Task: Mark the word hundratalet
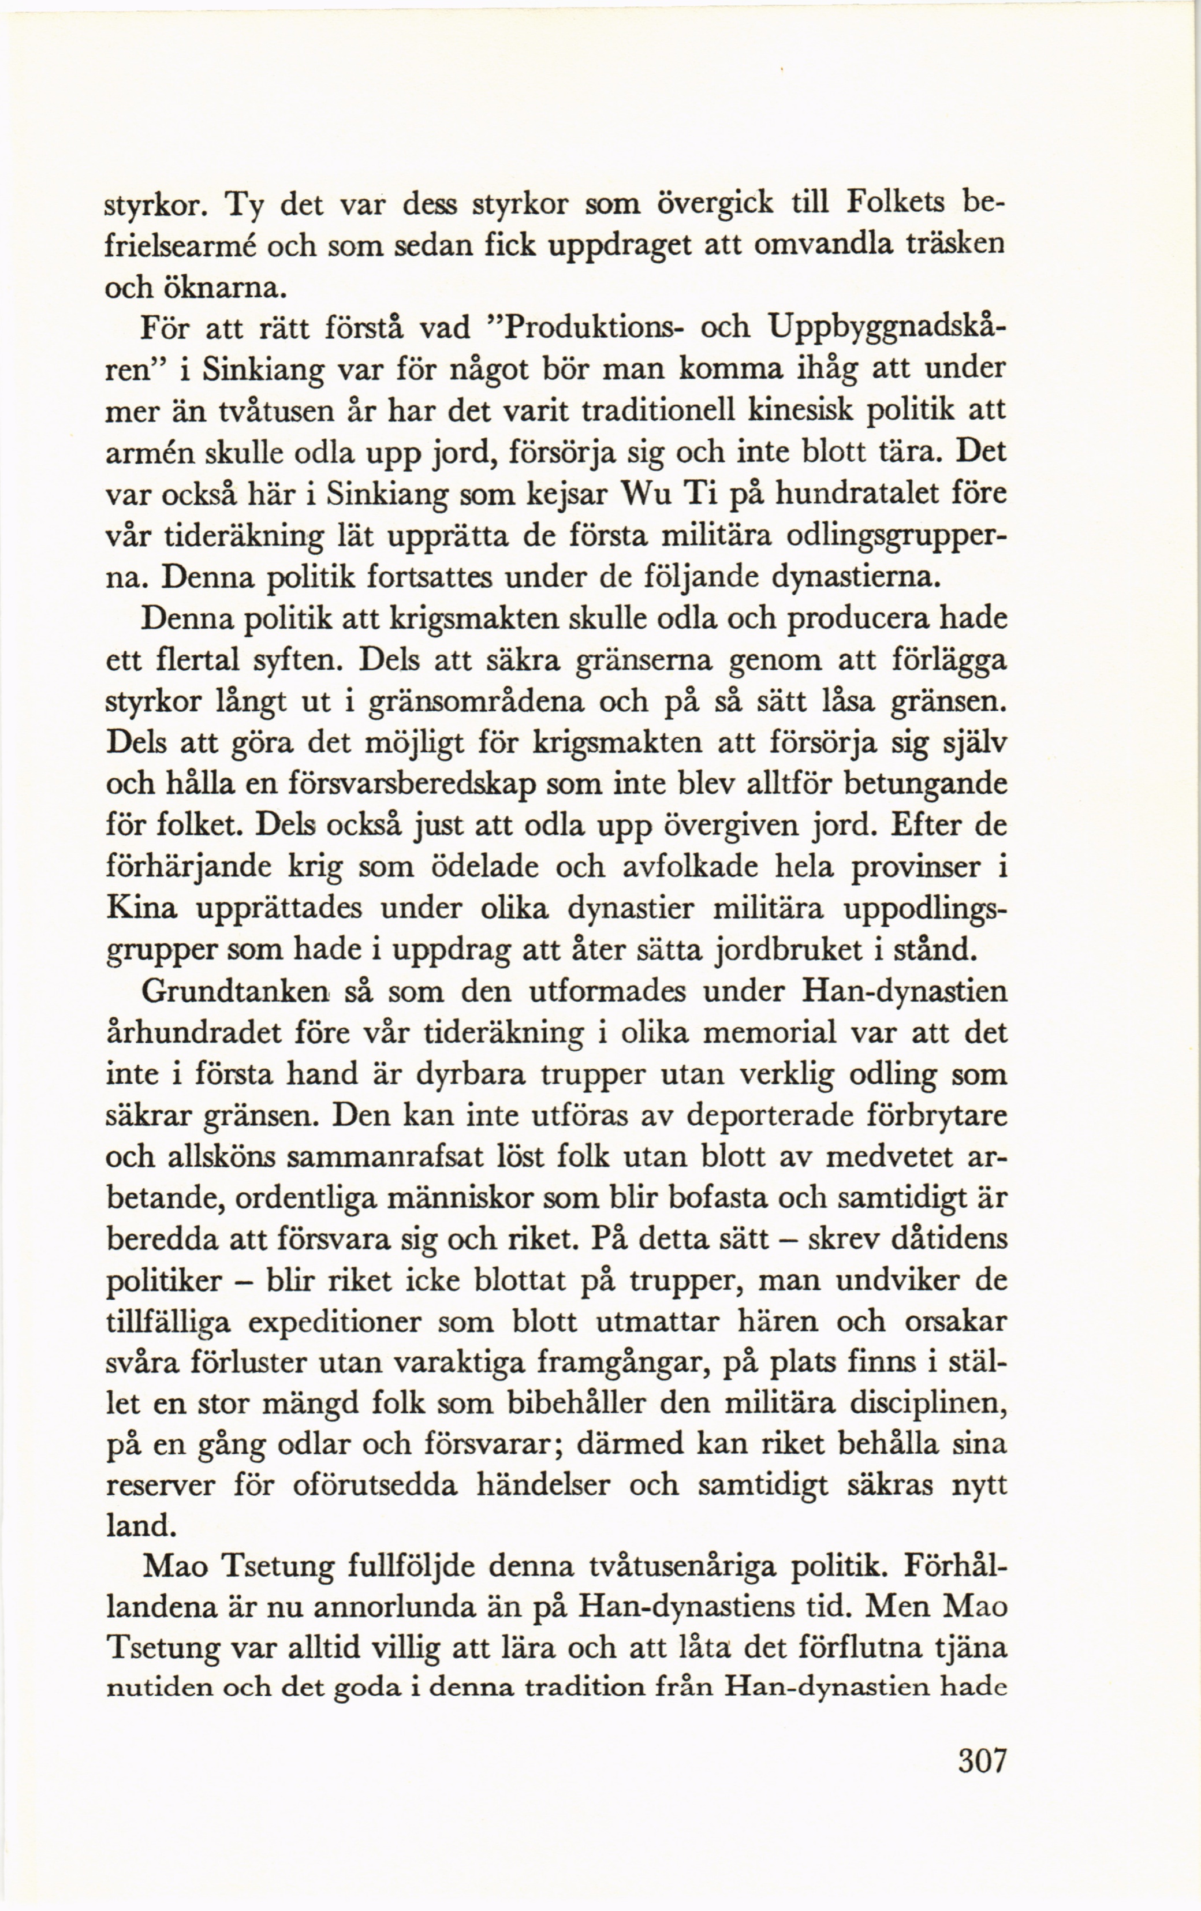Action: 863,494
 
